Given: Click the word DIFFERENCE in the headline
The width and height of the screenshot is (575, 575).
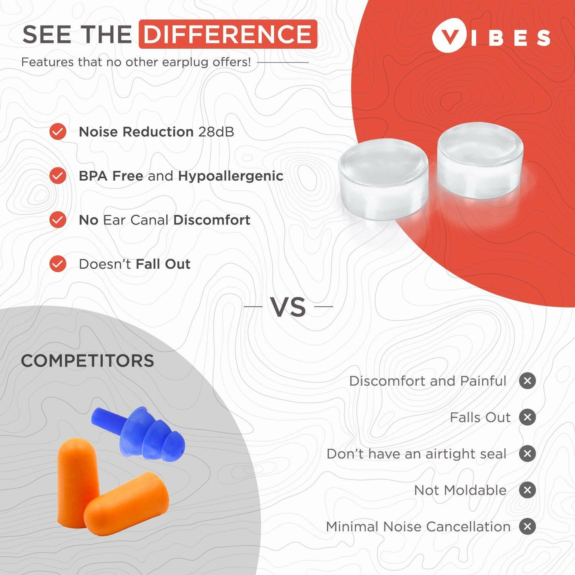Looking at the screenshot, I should click(x=228, y=34).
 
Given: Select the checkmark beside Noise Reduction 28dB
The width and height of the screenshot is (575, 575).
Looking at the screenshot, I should click(x=58, y=132).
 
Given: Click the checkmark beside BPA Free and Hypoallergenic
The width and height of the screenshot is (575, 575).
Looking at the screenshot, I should click(x=58, y=175).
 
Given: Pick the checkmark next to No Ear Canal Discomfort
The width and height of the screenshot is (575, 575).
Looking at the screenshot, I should click(x=58, y=220).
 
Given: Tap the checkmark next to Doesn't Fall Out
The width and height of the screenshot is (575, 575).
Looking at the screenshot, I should click(x=58, y=264).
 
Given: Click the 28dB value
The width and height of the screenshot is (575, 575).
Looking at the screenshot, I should click(x=216, y=132).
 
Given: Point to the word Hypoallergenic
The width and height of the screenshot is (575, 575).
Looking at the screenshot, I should click(x=230, y=176).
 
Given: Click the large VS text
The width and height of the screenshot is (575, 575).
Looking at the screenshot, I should click(x=288, y=307).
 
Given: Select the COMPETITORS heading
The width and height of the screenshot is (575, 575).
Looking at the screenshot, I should click(x=88, y=361).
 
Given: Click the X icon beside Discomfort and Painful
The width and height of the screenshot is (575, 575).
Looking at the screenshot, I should click(x=527, y=381).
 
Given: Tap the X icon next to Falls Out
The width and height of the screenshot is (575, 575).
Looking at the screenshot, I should click(x=527, y=417).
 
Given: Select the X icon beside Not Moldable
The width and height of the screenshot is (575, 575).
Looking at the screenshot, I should click(x=527, y=490).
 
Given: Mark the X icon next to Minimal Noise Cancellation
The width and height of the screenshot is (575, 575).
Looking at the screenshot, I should click(x=527, y=526).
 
